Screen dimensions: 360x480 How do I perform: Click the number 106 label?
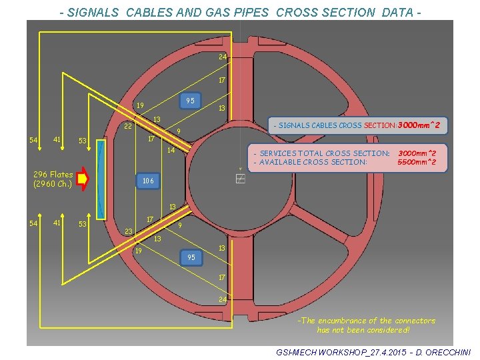click(147, 181)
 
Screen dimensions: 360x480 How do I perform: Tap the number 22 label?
click(128, 127)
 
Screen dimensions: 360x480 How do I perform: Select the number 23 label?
click(129, 232)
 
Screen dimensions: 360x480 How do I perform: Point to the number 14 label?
click(171, 151)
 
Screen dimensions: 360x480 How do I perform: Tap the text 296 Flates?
click(53, 175)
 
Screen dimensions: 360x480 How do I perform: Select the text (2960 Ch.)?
click(52, 184)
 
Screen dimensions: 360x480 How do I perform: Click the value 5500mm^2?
click(417, 162)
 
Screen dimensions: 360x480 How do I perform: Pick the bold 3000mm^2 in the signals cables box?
click(420, 125)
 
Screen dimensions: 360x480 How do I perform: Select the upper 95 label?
click(190, 101)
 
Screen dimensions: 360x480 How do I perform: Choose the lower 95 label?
click(191, 257)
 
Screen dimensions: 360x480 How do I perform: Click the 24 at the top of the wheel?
click(223, 57)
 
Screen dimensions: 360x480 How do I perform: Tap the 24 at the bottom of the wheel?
click(223, 299)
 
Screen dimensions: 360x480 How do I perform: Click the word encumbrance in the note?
click(351, 321)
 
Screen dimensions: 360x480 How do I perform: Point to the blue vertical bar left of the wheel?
click(101, 179)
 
